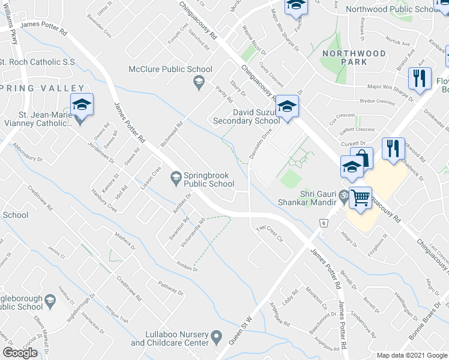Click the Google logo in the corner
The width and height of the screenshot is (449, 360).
pos(20,353)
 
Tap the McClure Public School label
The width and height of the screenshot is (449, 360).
pos(170,69)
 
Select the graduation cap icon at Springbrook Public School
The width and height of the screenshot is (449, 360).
pos(176,176)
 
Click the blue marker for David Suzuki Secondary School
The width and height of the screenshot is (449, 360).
pos(288,108)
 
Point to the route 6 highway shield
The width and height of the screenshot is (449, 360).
pos(323,223)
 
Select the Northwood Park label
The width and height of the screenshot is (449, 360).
pos(354,58)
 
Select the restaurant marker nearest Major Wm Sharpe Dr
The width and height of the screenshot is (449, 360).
pos(419,79)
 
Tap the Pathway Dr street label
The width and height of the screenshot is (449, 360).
pos(170,288)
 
